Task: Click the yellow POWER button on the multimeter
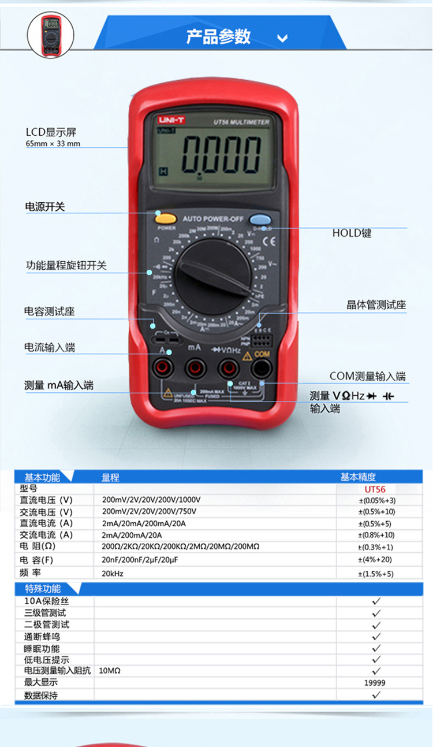(166, 218)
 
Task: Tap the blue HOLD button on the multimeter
(260, 219)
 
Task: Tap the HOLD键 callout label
(352, 233)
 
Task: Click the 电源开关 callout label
(45, 206)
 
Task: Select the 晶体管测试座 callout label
(376, 305)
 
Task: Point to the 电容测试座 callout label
(50, 311)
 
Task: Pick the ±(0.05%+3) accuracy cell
(377, 500)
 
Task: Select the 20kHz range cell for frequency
(113, 574)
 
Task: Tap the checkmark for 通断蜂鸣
(376, 636)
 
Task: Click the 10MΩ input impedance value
(110, 671)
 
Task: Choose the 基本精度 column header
(358, 477)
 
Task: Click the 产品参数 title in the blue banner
(218, 36)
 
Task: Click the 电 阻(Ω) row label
(38, 547)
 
